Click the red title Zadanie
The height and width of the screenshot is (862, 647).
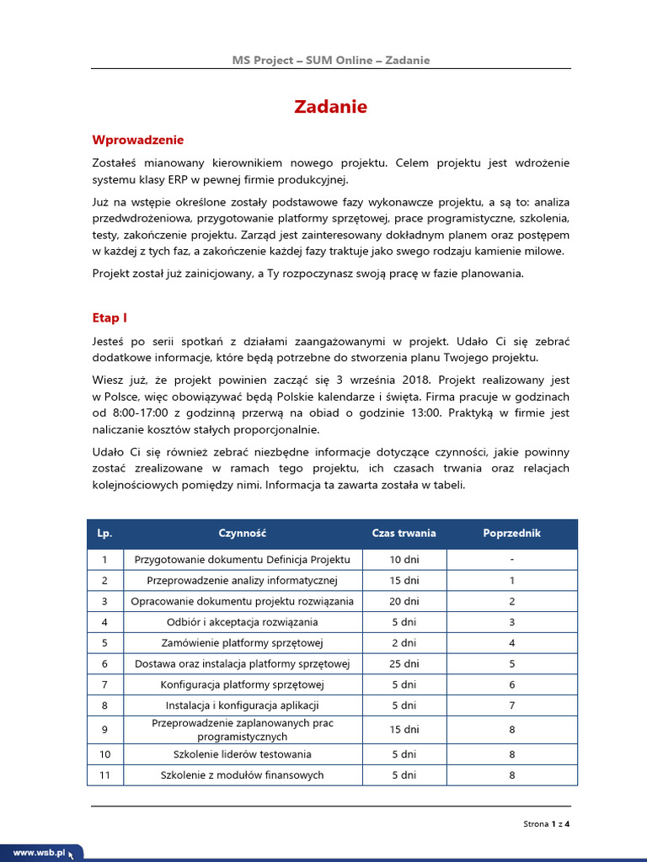coord(330,107)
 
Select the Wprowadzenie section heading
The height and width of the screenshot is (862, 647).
coord(137,140)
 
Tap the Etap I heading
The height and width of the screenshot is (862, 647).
coord(109,317)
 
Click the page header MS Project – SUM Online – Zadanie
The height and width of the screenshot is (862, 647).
coord(331,60)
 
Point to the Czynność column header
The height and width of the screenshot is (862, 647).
coord(242,534)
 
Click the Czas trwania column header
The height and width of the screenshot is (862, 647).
coord(404,534)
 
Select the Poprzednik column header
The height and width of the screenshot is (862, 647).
coord(511,534)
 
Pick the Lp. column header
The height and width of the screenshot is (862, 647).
coord(104,534)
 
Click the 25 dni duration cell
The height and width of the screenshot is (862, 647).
coord(404,664)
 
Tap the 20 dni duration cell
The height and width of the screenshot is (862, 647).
coord(404,602)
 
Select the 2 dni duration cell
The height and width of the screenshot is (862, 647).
coord(404,643)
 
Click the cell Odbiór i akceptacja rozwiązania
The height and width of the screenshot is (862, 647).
coord(242,623)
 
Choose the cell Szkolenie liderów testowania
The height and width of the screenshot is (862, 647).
coord(242,754)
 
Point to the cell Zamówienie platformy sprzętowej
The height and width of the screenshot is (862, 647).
coord(242,643)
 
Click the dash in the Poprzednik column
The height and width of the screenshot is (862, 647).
coord(511,560)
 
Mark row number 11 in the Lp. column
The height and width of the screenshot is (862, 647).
coord(104,775)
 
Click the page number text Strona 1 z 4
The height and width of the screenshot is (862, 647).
coord(547,824)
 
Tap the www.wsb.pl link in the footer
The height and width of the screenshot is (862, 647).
coord(39,852)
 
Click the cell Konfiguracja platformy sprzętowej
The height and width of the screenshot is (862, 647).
coord(242,685)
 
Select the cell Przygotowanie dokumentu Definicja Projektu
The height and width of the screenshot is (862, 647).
coord(242,560)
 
